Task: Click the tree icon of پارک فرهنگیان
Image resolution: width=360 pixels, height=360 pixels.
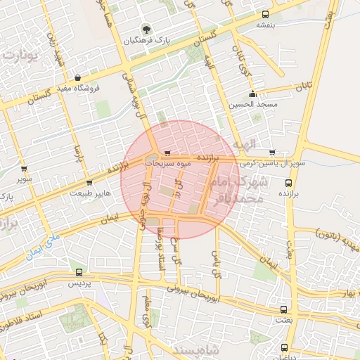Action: pyautogui.click(x=147, y=30)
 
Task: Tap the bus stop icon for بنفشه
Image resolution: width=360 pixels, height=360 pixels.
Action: pyautogui.click(x=265, y=14)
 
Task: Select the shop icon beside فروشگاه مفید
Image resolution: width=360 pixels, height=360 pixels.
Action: pyautogui.click(x=77, y=78)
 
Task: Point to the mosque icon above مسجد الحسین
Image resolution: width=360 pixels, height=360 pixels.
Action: pyautogui.click(x=252, y=95)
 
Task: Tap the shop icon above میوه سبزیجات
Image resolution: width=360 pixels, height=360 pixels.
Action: pyautogui.click(x=167, y=153)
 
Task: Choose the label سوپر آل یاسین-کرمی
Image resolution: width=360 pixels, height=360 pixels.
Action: pyautogui.click(x=272, y=163)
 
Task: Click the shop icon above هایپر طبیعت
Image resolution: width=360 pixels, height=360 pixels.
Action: pyautogui.click(x=89, y=183)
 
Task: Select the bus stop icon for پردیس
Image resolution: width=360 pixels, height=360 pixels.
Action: pyautogui.click(x=78, y=273)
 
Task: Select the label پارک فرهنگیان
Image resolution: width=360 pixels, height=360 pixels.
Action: pyautogui.click(x=147, y=41)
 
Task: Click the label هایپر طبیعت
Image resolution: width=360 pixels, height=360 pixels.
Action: pyautogui.click(x=89, y=193)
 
